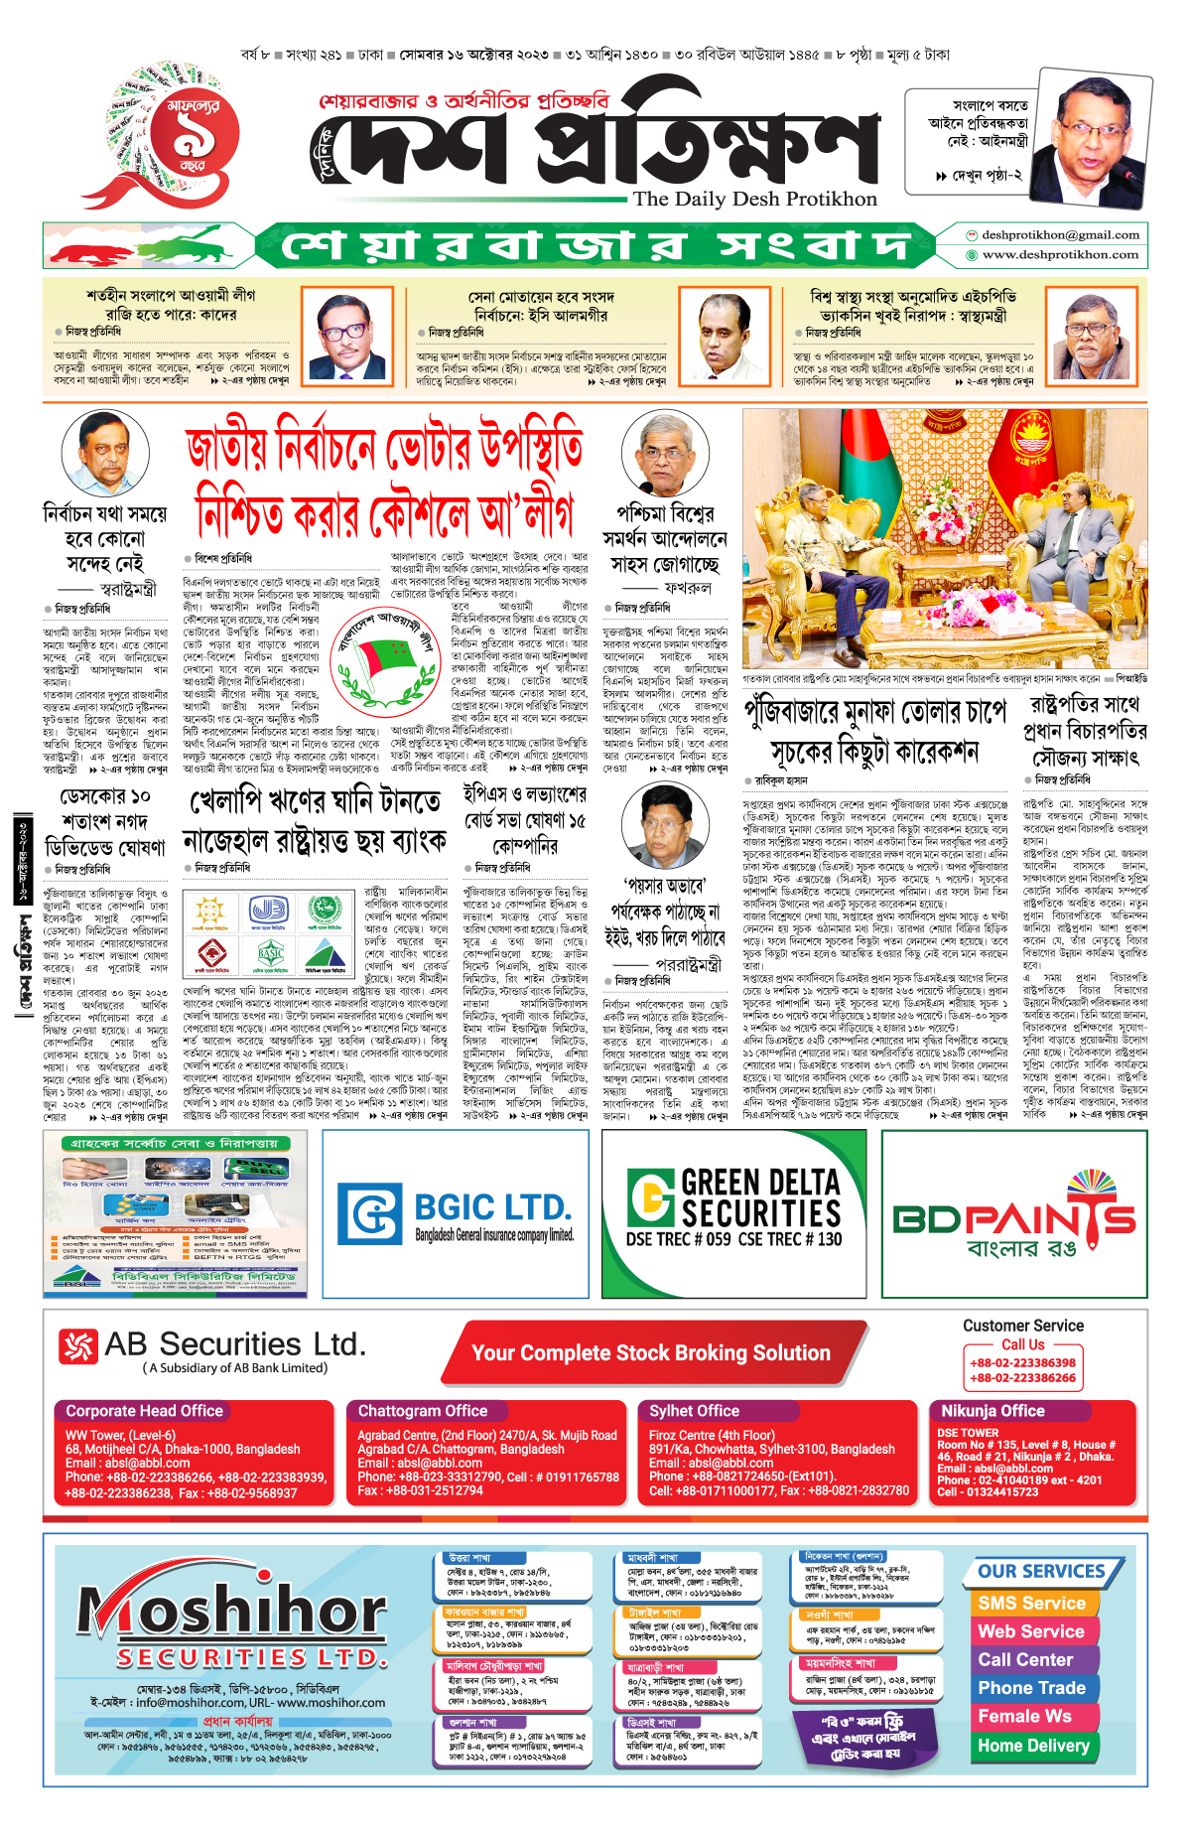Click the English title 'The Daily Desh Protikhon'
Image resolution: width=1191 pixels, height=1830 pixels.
[x=755, y=199]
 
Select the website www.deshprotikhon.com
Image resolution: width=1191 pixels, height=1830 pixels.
[x=1060, y=255]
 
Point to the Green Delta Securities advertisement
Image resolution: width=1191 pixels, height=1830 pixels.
[x=733, y=1213]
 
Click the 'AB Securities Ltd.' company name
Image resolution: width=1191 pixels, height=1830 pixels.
[x=235, y=1344]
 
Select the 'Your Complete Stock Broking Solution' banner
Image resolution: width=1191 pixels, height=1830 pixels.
[x=650, y=1352]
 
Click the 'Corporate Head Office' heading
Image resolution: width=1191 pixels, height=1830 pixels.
[x=145, y=1411]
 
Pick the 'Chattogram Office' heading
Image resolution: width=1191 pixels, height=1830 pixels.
[x=423, y=1411]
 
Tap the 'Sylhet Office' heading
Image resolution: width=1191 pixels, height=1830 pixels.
[x=694, y=1411]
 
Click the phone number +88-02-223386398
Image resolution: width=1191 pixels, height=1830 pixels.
[x=1022, y=1363]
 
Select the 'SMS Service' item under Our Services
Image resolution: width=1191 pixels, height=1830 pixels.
[x=1031, y=1604]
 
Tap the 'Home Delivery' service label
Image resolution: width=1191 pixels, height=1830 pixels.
[x=1033, y=1746]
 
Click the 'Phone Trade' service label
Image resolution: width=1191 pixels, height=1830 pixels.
[x=1031, y=1688]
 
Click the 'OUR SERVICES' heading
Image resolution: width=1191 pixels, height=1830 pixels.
[x=1041, y=1572]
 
